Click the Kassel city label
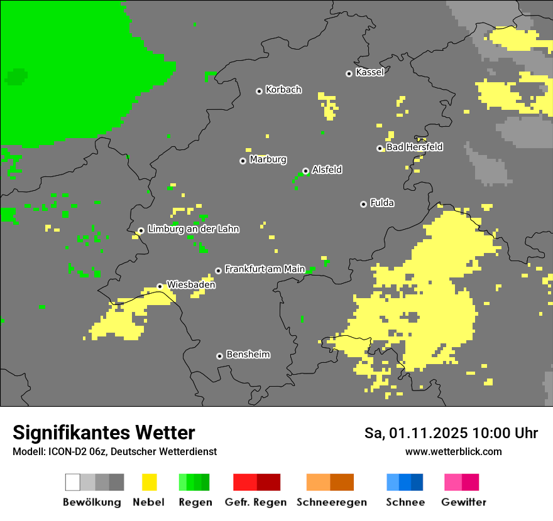tap(370, 72)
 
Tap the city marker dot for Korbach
tap(259, 91)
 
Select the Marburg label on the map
tap(268, 159)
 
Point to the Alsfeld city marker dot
tap(305, 171)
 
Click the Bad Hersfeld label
tap(414, 147)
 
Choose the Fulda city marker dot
tap(363, 204)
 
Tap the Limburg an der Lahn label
tap(193, 229)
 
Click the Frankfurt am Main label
tap(265, 269)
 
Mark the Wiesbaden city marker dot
tap(160, 286)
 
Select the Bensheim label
tap(248, 355)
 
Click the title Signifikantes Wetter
tap(104, 432)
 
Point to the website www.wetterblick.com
tap(453, 451)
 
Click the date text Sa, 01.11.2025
tap(415, 433)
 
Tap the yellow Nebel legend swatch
tap(149, 482)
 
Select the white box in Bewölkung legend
tap(73, 482)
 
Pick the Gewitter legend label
tap(463, 502)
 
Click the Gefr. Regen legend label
tap(256, 502)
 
